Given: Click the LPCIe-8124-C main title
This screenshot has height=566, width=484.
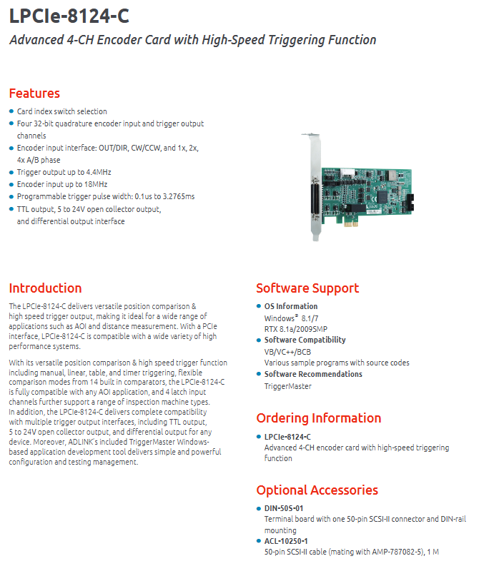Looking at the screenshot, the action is coord(69,16).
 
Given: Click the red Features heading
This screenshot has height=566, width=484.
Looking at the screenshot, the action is coord(34,94).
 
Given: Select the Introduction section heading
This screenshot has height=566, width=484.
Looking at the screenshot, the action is coord(45,288).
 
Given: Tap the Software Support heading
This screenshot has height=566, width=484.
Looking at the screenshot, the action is coord(307,288).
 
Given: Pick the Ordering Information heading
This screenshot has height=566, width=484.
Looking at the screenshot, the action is coord(319,418).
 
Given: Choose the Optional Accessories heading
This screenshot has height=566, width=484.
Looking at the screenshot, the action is coord(317,490).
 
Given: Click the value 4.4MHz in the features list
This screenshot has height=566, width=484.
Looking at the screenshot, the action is coord(99,172).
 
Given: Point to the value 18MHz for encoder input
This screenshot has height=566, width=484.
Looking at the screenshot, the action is coord(96,184).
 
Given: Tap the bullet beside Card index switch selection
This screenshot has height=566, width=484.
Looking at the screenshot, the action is coord(11,111).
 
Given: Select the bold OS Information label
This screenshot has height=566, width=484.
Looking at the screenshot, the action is coord(291,306).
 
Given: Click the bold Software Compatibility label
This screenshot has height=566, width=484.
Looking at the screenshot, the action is coord(305,340).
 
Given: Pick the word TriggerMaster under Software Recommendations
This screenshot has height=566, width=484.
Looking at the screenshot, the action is coord(287,386).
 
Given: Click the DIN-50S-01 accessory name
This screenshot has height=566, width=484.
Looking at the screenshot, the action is coord(284,509).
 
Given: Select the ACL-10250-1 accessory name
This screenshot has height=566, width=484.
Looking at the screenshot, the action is coord(286,542).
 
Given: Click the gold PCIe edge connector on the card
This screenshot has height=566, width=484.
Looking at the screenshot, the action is coord(350,224).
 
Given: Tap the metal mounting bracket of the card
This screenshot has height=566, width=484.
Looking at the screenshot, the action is coord(315,186).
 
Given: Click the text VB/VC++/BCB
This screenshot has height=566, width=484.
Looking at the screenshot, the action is coord(287,353).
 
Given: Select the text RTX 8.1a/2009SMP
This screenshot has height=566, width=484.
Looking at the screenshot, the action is coord(296,329).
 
